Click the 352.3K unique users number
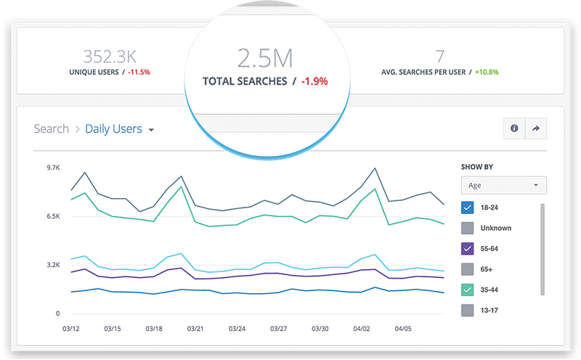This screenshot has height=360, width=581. point(110,57)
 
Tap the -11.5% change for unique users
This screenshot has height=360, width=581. point(139,73)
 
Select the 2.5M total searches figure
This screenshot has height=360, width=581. point(265,58)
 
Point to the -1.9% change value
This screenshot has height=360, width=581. point(314,81)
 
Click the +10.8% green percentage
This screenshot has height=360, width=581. point(487,73)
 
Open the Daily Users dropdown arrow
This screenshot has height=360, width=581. point(151,130)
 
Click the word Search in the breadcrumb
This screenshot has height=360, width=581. point(51,129)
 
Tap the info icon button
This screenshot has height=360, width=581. point(514,128)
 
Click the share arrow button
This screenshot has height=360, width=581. point(536,128)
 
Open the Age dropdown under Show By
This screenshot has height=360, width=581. point(503,185)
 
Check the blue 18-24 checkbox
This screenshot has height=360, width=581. point(467,208)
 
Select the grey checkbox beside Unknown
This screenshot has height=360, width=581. point(467,228)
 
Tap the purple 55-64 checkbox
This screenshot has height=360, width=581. point(467,248)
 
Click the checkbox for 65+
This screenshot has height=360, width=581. point(467,269)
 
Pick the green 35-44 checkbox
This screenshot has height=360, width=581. point(467,290)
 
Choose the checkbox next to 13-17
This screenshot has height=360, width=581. point(467,311)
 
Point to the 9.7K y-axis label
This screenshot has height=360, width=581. point(53,168)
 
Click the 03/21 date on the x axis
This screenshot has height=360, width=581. point(195,329)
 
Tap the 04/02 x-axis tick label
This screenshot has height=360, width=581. point(361,329)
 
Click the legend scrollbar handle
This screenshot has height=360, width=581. point(543,249)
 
